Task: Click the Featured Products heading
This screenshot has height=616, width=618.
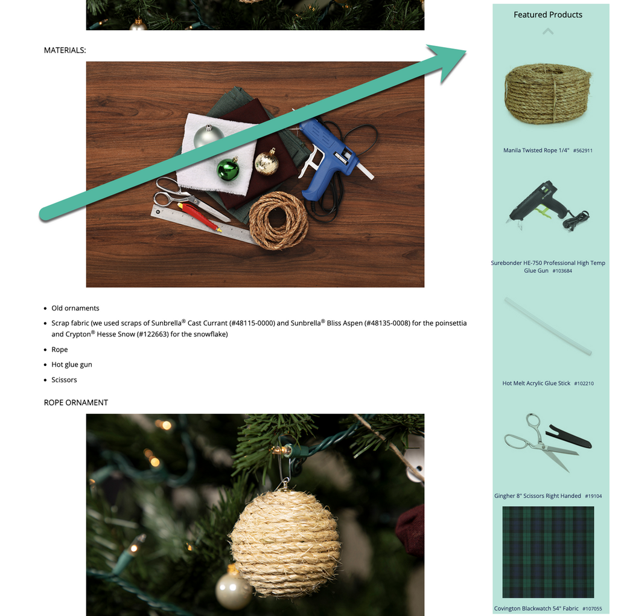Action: point(548,14)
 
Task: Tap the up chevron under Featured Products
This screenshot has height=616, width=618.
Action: point(548,31)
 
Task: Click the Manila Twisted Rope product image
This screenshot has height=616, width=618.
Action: point(548,93)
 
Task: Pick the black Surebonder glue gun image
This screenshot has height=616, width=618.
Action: point(548,205)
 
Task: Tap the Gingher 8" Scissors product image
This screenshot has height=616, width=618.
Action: point(548,443)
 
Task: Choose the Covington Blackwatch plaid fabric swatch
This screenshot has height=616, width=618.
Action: point(548,552)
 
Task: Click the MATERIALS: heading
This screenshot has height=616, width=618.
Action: point(65,51)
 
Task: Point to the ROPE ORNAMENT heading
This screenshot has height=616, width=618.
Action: point(75,403)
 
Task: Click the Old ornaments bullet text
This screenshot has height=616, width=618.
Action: point(75,309)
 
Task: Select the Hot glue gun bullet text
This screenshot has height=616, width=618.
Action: point(72,365)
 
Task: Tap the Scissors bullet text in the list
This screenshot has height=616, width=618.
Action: point(64,380)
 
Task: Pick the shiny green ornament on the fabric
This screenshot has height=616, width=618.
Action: point(228,169)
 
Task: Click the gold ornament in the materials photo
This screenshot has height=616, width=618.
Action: point(267,162)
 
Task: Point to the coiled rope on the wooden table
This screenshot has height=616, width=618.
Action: point(278,221)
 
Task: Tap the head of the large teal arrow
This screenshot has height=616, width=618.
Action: point(449,60)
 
